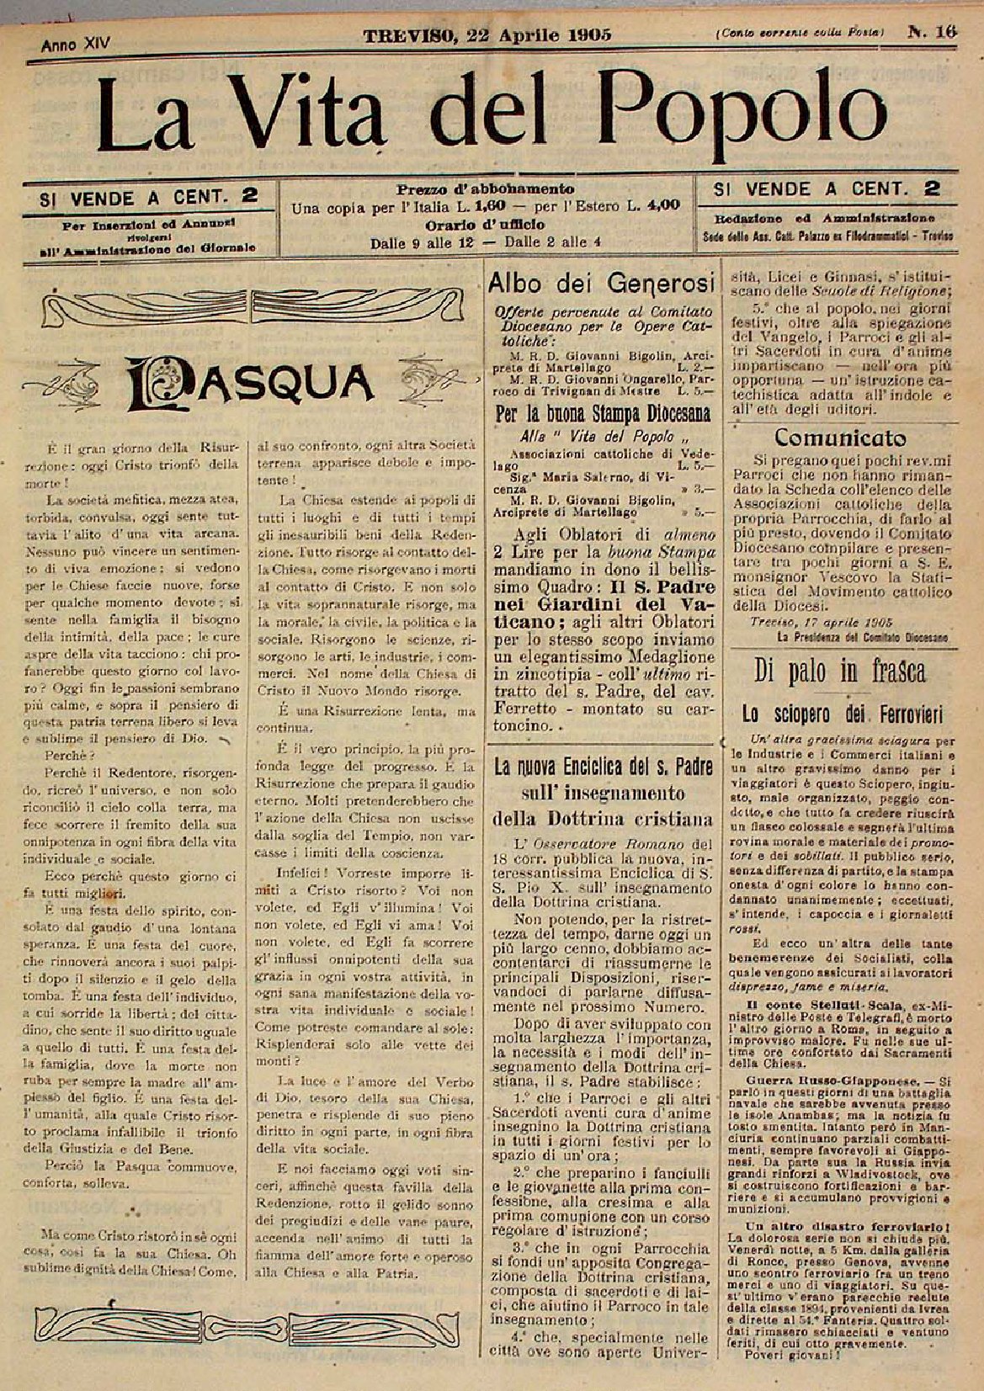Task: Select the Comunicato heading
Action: pos(840,438)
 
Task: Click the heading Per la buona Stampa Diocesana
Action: pos(602,414)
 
